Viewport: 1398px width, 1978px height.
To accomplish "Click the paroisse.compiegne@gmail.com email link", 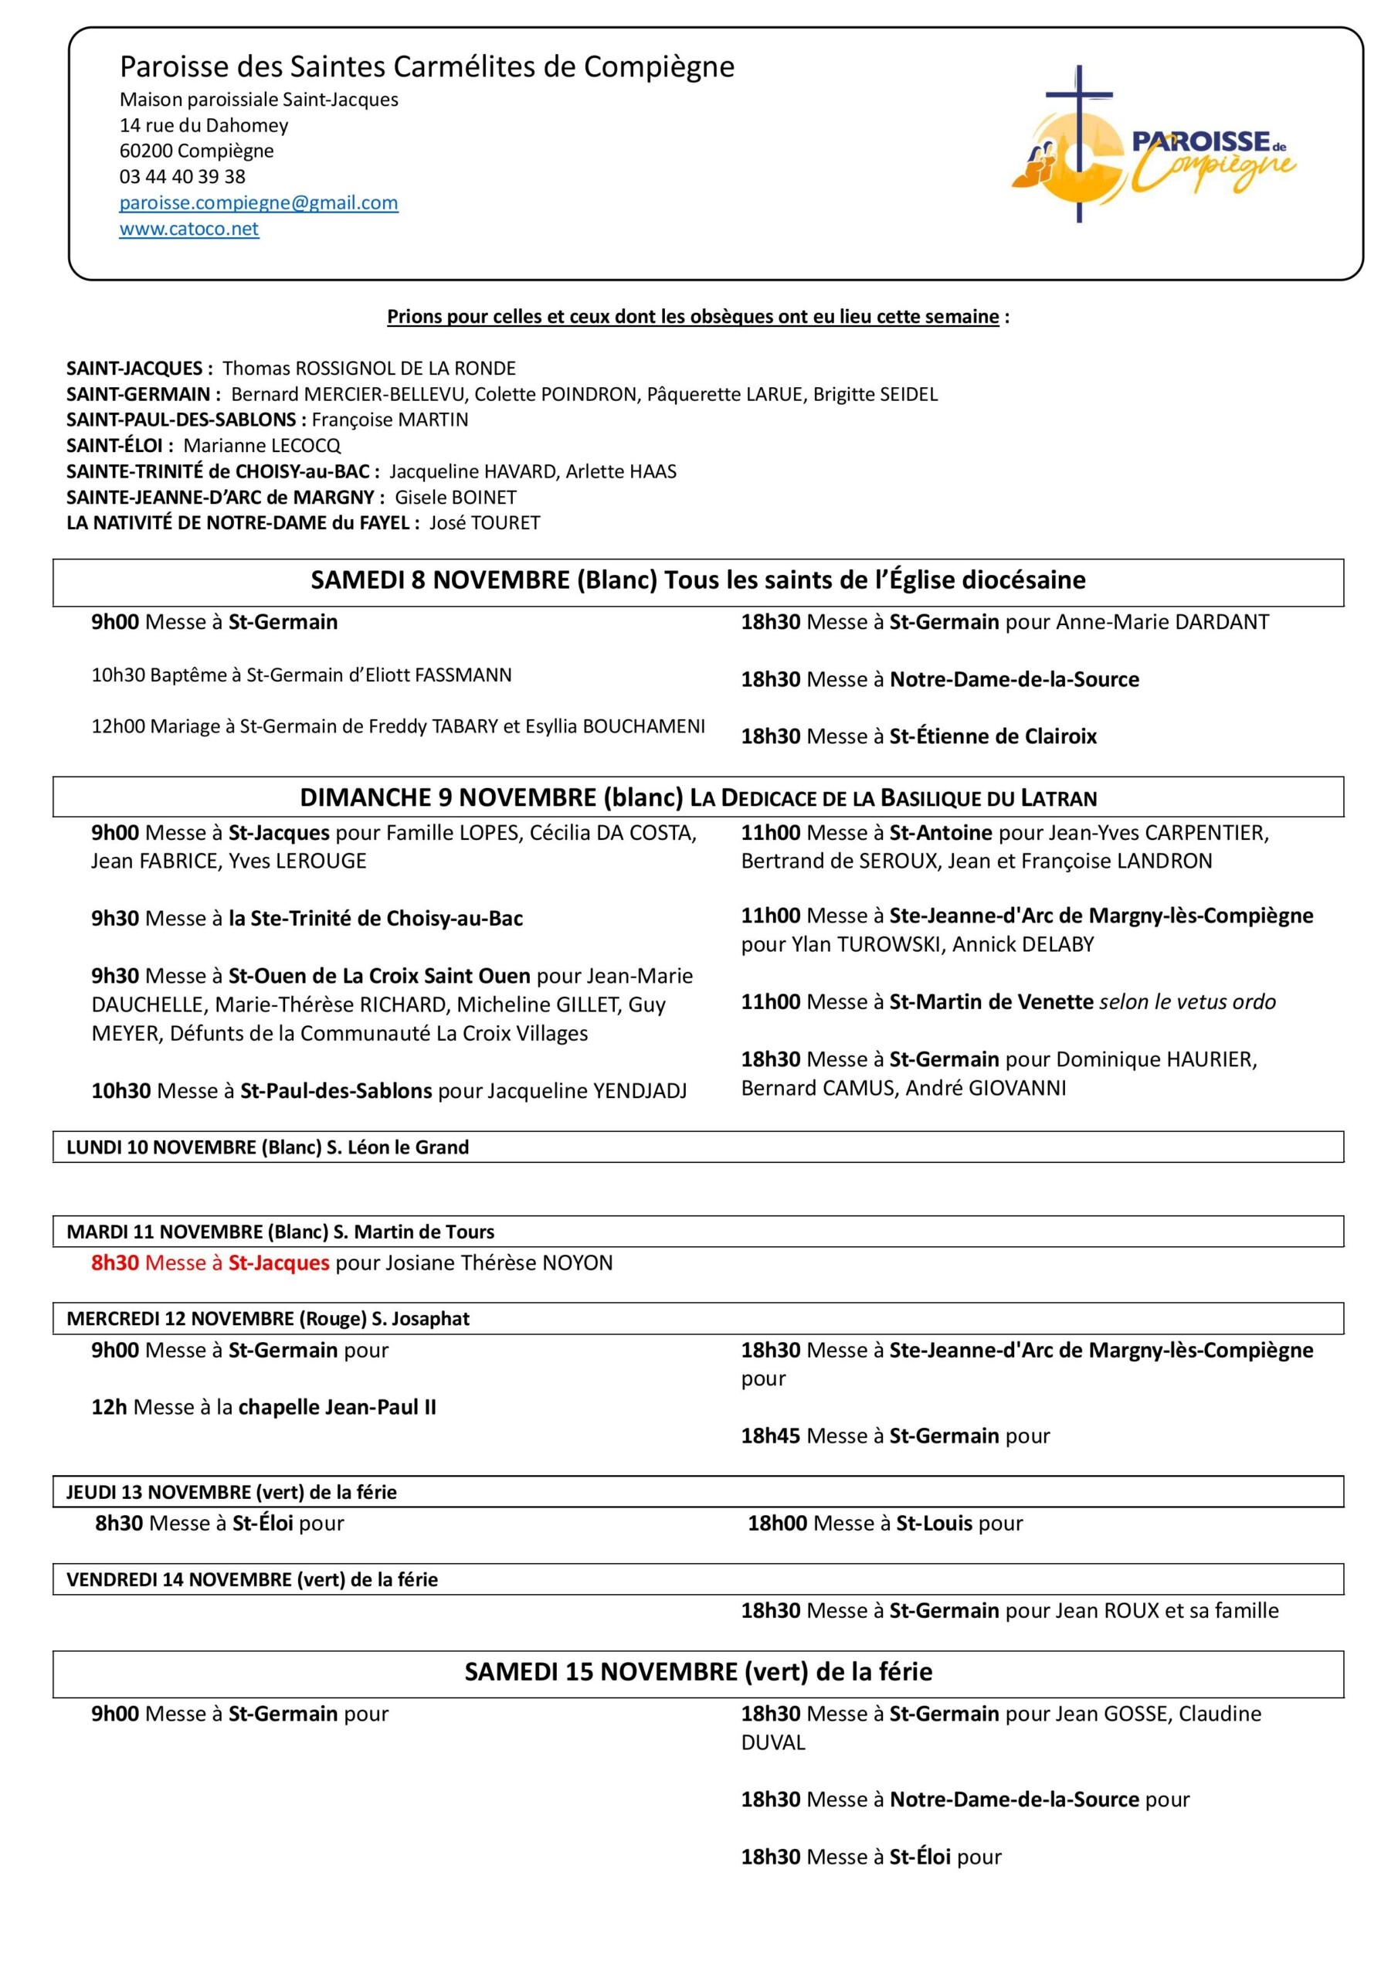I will (x=259, y=203).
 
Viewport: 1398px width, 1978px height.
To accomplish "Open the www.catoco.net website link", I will (x=188, y=229).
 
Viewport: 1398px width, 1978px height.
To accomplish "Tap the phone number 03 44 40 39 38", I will (x=182, y=177).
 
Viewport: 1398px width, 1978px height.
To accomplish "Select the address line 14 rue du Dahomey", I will (x=203, y=126).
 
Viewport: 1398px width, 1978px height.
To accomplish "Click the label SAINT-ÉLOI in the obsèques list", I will (x=114, y=445).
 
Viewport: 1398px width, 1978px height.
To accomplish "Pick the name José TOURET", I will (x=484, y=523).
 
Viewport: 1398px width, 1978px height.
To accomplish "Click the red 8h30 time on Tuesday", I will (x=114, y=1263).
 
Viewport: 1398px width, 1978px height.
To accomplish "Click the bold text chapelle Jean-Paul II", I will (x=337, y=1407).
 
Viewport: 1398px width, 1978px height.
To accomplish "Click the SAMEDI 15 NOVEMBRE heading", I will (x=697, y=1671).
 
